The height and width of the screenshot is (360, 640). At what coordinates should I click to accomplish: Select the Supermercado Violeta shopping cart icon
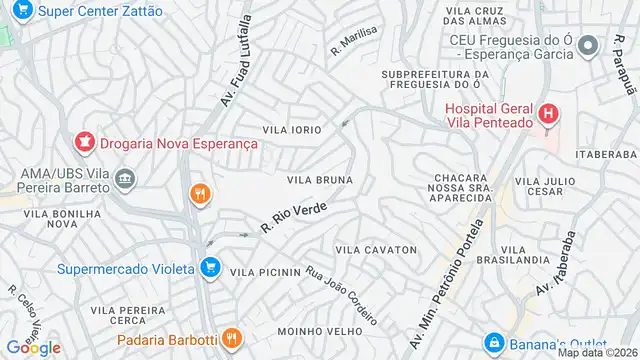click(209, 267)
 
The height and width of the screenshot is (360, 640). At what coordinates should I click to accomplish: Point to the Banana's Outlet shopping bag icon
click(492, 342)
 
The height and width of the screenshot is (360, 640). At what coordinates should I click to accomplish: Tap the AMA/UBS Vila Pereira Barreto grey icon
click(126, 180)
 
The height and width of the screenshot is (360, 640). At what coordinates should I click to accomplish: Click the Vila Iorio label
click(292, 130)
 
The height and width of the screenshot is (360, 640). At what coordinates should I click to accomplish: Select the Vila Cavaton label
click(375, 249)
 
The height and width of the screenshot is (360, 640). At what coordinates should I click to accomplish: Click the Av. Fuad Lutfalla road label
click(233, 75)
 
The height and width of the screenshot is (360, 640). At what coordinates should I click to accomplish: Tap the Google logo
click(33, 347)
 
